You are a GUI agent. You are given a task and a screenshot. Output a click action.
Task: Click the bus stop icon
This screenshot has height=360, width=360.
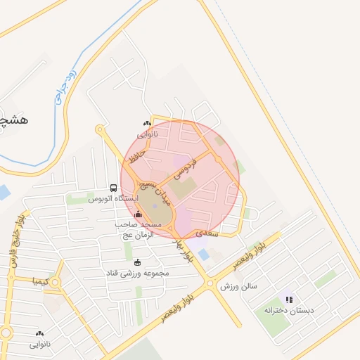coord(113,188)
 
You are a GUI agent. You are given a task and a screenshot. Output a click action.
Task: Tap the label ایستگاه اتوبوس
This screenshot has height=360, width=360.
coord(112,199)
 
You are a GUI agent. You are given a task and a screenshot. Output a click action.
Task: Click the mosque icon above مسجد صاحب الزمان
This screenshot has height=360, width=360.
coord(138,214)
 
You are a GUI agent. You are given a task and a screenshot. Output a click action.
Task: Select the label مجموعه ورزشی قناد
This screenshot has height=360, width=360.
coord(136,272)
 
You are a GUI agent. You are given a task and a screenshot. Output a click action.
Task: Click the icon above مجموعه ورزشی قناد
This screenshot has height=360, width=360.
coord(137,262)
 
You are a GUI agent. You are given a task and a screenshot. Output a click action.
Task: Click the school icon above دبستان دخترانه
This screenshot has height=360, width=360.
coord(288,300)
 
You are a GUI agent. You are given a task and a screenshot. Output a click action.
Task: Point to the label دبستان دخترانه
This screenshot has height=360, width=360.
coord(287,310)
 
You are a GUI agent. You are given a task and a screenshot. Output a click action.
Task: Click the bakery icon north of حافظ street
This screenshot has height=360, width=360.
coord(146,124)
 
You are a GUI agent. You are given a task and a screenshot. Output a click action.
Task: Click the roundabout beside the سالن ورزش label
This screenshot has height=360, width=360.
coord(210,285)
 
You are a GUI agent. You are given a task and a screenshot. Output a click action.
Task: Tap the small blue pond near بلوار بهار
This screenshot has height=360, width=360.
coord(203,254)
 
